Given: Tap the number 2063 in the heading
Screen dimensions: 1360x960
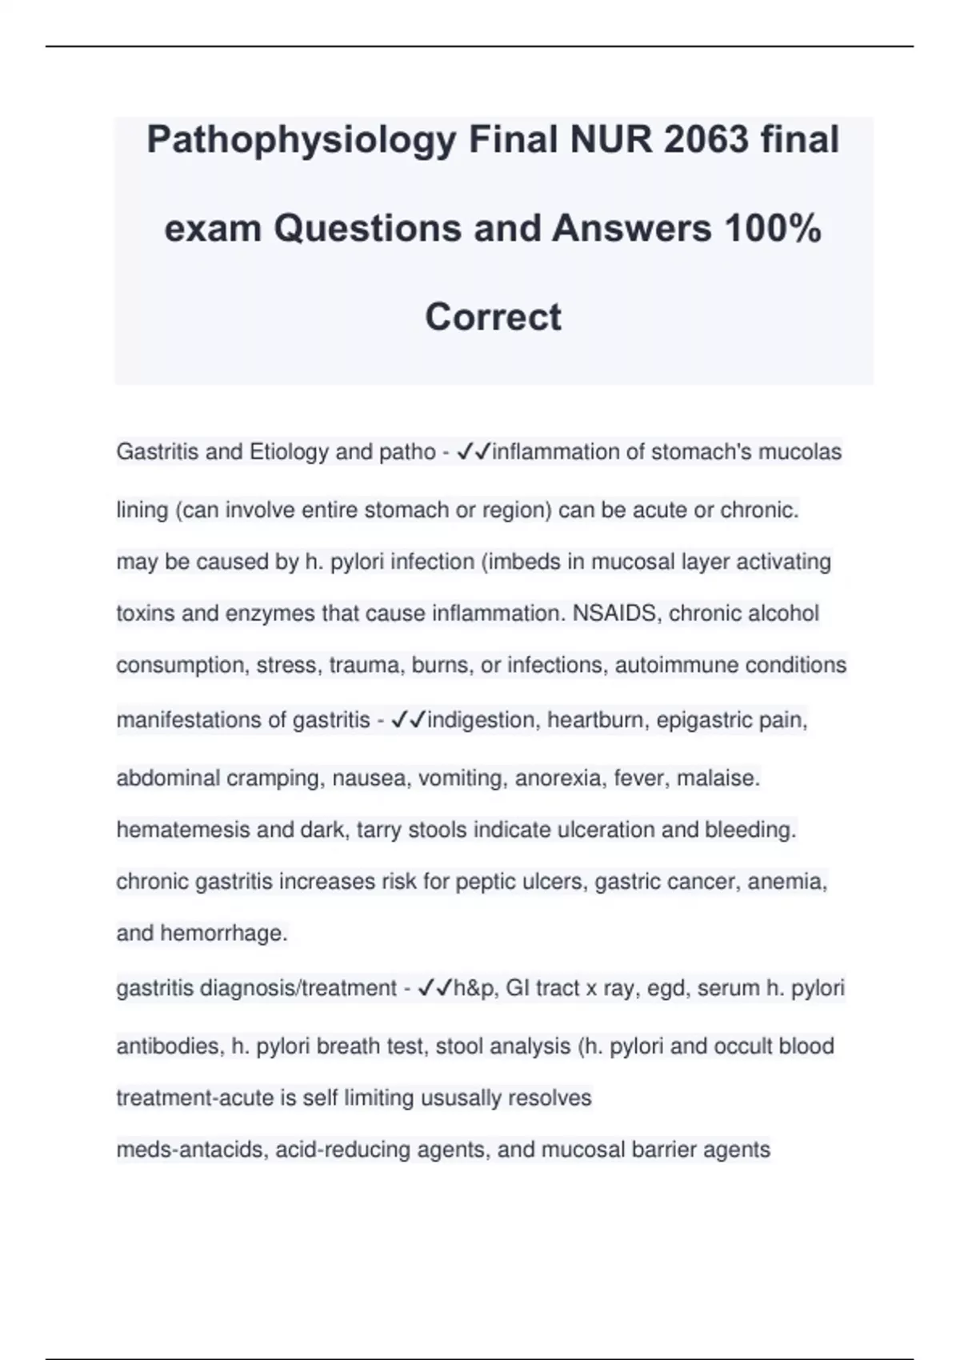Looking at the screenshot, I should tap(706, 141).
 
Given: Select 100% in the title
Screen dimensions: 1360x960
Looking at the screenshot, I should tap(772, 229).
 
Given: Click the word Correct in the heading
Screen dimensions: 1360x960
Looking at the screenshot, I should tap(493, 317).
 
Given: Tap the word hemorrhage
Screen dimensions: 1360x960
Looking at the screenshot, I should tap(223, 934).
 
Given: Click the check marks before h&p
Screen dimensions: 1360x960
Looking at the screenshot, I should tap(435, 989).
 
